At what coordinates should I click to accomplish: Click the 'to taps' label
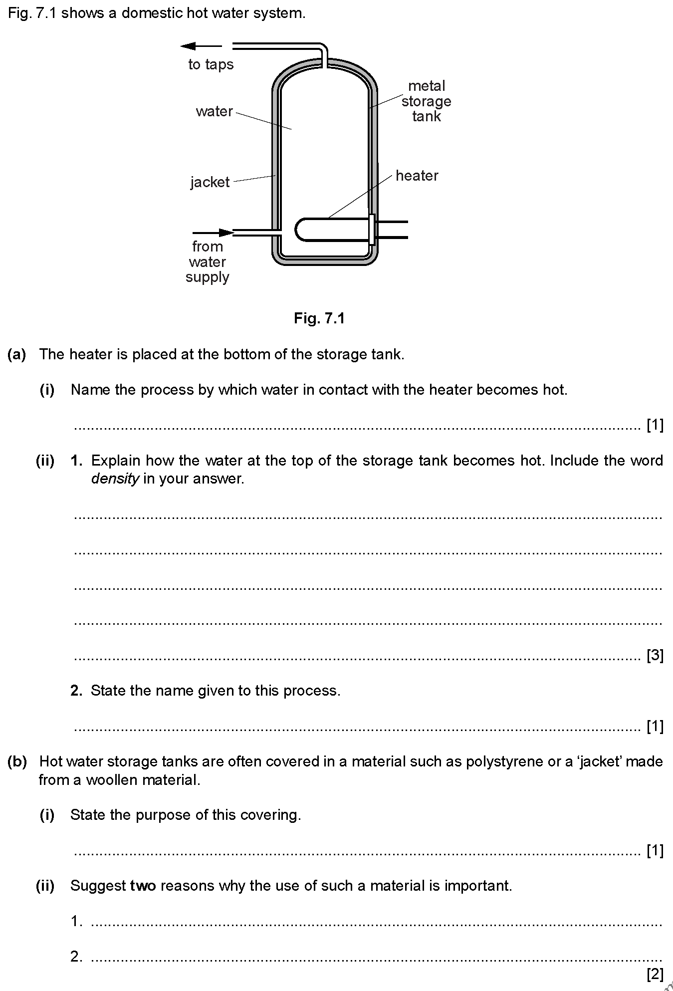[211, 64]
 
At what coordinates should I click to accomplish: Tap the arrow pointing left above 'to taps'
[201, 46]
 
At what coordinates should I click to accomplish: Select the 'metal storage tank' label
[426, 101]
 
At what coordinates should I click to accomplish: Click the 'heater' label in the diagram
[417, 176]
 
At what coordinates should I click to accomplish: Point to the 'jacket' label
[210, 182]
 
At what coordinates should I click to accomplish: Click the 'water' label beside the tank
[214, 111]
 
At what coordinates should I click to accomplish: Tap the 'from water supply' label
[208, 262]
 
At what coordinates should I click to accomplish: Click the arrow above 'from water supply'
[213, 233]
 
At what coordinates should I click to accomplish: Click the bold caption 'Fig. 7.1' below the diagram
[319, 318]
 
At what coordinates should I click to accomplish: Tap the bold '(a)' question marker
[17, 354]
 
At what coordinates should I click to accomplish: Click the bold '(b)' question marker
[17, 761]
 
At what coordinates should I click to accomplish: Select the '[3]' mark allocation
[655, 655]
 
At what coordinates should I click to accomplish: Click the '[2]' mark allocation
[655, 974]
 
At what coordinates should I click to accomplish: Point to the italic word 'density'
[115, 479]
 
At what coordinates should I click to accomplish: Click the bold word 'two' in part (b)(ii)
[143, 886]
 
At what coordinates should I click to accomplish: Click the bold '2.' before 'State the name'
[76, 691]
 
